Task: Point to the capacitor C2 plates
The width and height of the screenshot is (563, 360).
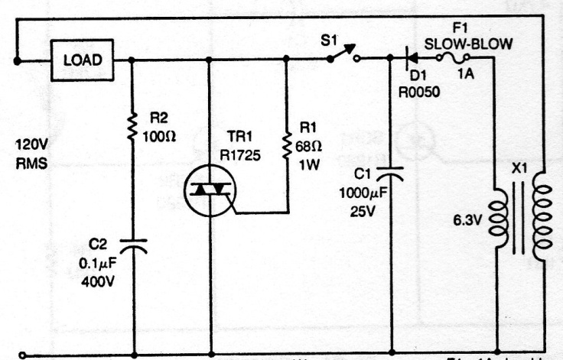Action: tap(134, 245)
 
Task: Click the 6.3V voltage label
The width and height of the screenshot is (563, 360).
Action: tap(468, 222)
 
